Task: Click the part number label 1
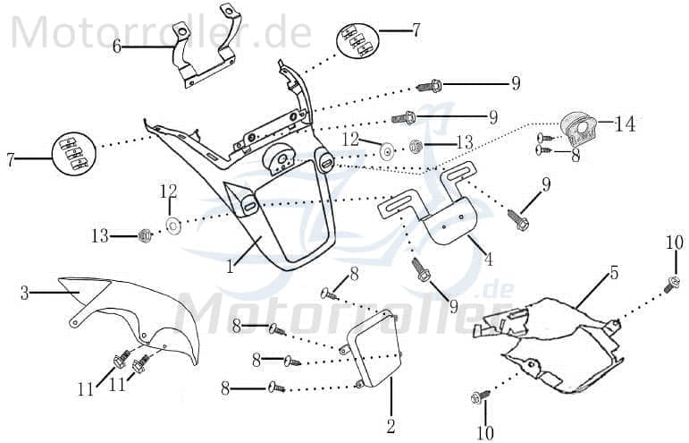point(231,266)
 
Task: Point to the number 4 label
point(489,260)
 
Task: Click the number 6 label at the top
point(116,46)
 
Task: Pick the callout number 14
point(625,124)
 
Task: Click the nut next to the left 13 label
point(144,236)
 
